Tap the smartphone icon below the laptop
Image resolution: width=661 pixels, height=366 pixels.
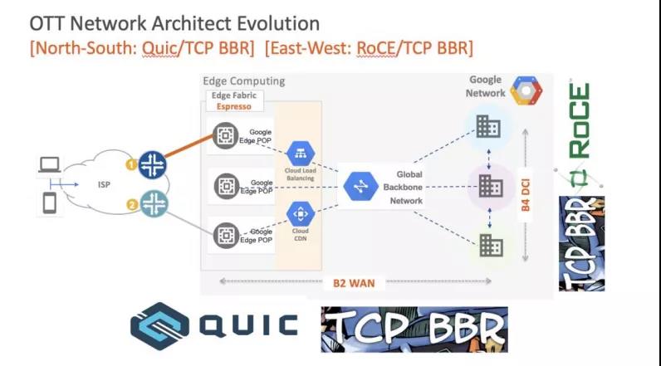(49, 203)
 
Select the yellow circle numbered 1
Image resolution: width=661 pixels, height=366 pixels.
(130, 164)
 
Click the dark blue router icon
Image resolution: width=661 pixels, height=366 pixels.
(153, 164)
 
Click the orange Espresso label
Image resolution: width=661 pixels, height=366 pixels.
(233, 106)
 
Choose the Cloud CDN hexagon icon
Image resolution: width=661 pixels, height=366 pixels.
(299, 213)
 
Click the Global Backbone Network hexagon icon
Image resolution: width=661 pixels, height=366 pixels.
(360, 186)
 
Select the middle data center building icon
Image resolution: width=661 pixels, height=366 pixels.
(490, 186)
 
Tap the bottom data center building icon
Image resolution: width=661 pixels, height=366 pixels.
(488, 244)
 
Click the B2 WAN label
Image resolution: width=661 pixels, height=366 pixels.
(354, 283)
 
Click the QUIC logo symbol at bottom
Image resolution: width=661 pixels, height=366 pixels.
(158, 324)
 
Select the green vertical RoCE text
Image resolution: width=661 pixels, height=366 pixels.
(580, 120)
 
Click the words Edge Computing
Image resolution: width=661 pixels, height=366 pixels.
(244, 81)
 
